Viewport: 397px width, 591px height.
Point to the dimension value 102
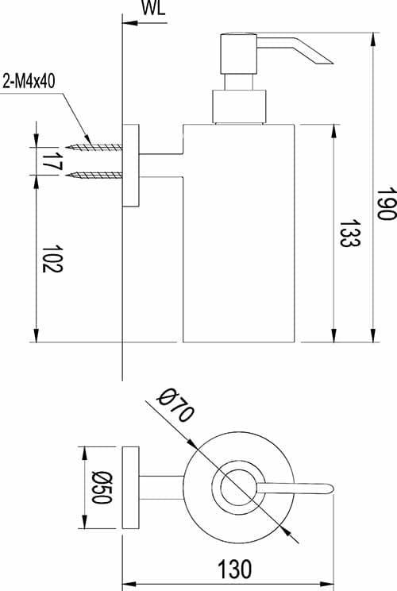pyautogui.click(x=49, y=257)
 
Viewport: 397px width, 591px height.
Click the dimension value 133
pyautogui.click(x=345, y=234)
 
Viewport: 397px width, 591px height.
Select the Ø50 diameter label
pyautogui.click(x=98, y=487)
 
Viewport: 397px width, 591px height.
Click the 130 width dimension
pyautogui.click(x=235, y=569)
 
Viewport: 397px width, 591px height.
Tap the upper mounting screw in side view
pyautogui.click(x=94, y=147)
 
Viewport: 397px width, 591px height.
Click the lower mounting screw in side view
pyautogui.click(x=94, y=174)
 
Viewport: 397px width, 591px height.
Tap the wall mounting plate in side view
pyautogui.click(x=130, y=166)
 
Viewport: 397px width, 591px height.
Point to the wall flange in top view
pyautogui.click(x=130, y=487)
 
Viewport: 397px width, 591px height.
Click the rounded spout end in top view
pyautogui.click(x=328, y=487)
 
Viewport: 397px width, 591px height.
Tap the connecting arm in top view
pyautogui.click(x=164, y=487)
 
